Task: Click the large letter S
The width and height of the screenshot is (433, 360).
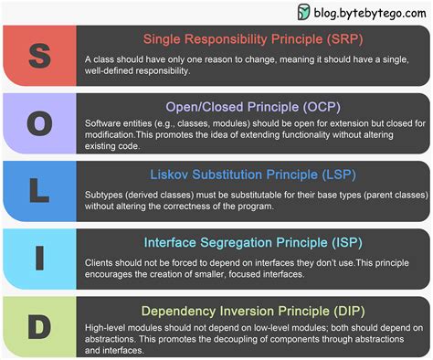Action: point(39,54)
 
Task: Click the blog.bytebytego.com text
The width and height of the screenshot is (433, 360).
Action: point(371,12)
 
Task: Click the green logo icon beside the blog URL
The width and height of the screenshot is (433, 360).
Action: point(304,12)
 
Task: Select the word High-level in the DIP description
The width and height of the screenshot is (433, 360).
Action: point(107,328)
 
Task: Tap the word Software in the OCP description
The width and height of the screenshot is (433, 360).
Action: point(105,123)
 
